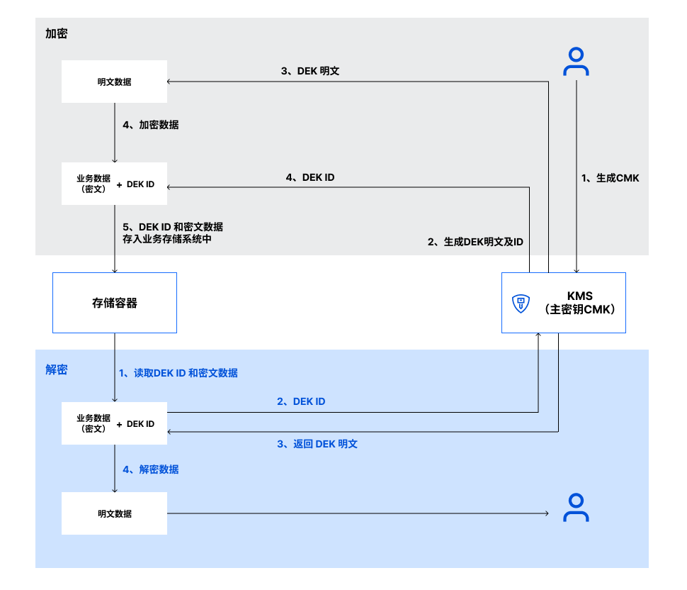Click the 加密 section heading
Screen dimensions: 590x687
tap(56, 33)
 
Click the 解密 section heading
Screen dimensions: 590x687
tap(56, 369)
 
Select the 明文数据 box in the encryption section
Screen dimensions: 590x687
tap(114, 82)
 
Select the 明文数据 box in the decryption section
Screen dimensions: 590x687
tap(114, 513)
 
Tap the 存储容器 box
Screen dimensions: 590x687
tap(115, 303)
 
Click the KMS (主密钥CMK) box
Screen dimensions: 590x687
tap(563, 303)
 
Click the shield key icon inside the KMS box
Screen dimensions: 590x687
tap(521, 304)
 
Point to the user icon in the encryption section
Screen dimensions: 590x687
tap(576, 62)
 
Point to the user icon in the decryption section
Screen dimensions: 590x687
tap(576, 508)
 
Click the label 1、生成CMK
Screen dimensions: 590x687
tap(610, 178)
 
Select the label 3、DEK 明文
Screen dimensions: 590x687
tap(310, 71)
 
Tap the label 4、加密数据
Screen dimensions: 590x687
tap(150, 125)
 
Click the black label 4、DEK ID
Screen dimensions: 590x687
tap(310, 178)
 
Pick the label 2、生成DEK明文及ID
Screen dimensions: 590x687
tap(475, 242)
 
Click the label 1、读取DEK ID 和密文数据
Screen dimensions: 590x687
tap(178, 373)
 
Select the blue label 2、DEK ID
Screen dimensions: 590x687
tap(301, 401)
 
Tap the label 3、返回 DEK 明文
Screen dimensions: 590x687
tap(317, 444)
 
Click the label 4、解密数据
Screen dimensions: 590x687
tap(150, 469)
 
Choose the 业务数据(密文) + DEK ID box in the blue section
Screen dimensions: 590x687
tap(114, 423)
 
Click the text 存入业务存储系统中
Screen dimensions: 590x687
tap(167, 240)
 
